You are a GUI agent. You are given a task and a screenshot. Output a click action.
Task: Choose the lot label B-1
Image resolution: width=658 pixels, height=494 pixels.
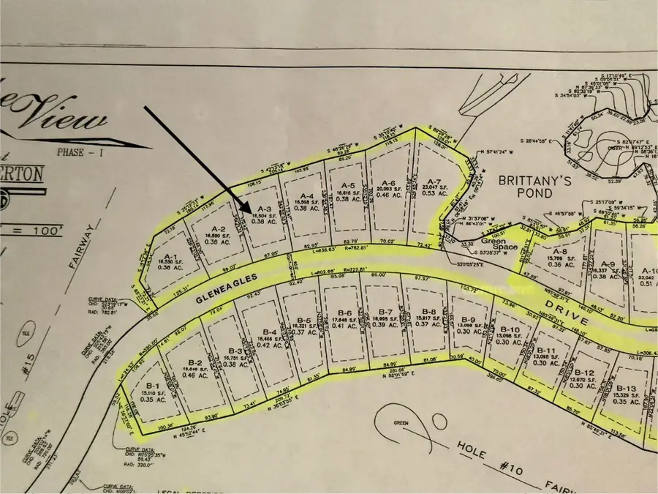(153, 386)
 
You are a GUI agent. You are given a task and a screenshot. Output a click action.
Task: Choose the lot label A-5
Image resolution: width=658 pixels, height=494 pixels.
(349, 186)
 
